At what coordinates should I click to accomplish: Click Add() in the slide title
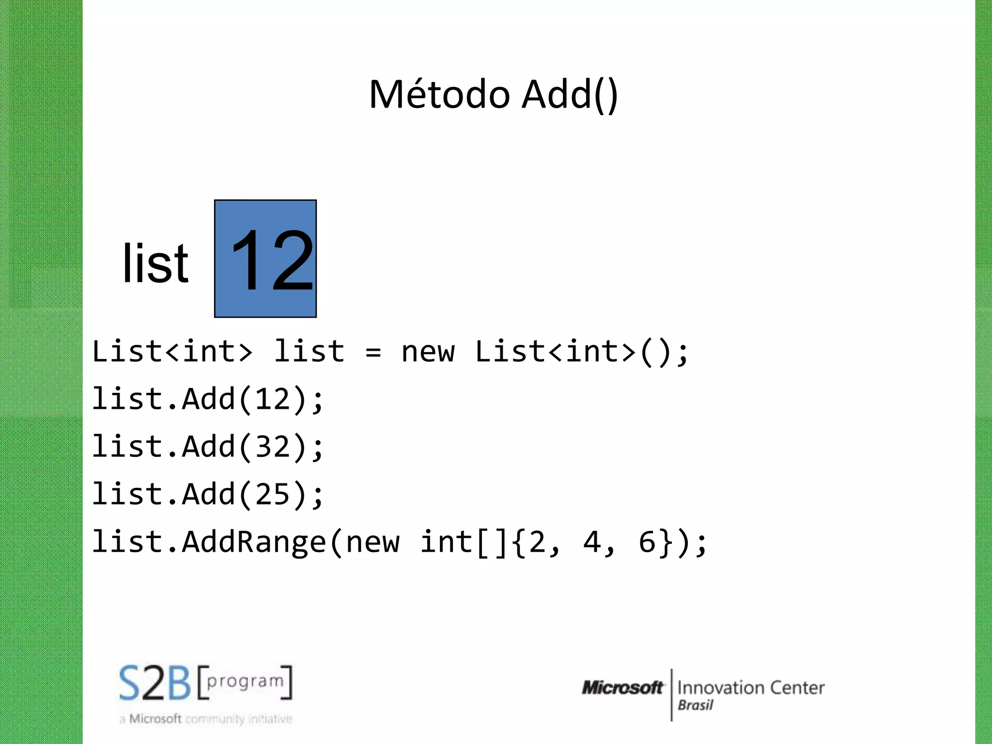tap(570, 95)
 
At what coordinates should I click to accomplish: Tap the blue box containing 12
tap(265, 259)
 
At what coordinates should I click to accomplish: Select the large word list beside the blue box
tap(155, 264)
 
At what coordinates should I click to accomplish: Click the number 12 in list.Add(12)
tap(272, 400)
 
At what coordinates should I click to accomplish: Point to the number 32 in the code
tap(272, 447)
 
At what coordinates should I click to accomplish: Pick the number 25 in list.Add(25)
tap(272, 495)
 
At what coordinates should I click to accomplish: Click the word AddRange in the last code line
tap(254, 542)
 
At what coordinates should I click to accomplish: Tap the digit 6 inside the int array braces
tap(647, 542)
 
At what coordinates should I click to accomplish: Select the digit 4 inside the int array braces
tap(592, 542)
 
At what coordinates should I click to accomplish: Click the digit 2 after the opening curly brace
tap(537, 542)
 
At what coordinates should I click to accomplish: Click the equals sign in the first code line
tap(373, 352)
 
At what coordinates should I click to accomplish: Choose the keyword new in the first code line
tap(428, 352)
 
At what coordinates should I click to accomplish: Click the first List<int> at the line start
tap(172, 352)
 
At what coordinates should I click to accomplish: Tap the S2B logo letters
tap(155, 683)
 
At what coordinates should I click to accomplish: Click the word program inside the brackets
tap(245, 682)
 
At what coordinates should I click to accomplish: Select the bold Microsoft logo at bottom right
tap(622, 687)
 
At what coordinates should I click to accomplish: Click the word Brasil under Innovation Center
tap(695, 705)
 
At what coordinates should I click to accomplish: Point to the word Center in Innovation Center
tap(797, 687)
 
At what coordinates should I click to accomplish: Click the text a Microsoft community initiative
tap(206, 719)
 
